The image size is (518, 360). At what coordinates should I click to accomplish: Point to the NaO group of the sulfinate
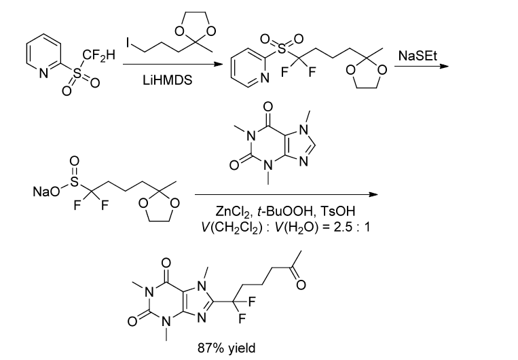click(42, 192)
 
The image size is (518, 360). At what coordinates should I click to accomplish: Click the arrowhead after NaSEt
click(444, 67)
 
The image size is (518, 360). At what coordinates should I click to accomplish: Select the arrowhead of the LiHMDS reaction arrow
click(218, 65)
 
